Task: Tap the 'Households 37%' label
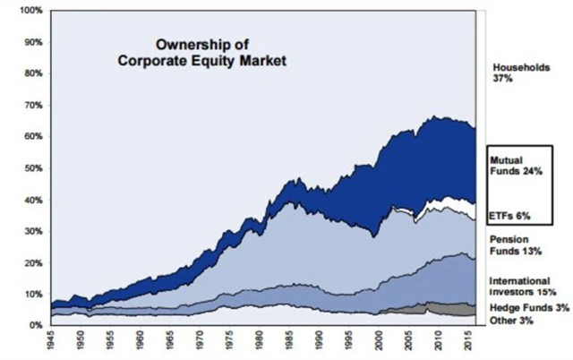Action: coord(520,73)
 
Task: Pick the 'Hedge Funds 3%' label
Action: coord(525,307)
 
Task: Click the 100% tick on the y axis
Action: coord(30,12)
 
